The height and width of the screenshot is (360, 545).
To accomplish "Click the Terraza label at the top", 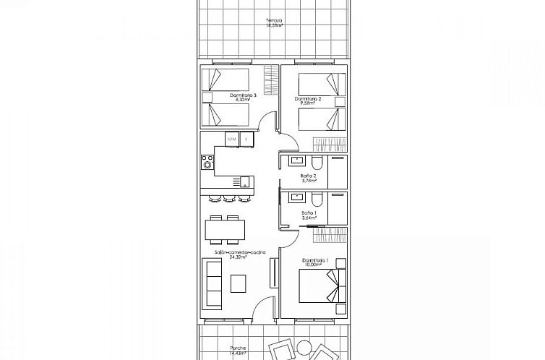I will [272, 20].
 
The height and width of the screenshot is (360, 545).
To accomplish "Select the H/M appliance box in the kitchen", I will [231, 139].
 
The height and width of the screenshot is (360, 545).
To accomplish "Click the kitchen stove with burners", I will [207, 162].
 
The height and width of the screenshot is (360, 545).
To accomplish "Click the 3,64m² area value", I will [309, 218].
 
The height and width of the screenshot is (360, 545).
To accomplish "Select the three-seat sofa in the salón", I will [213, 284].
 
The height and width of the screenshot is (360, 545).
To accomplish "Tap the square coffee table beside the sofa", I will [239, 284].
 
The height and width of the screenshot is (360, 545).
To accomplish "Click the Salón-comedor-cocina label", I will [240, 252].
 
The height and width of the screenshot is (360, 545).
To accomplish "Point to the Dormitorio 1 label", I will [316, 260].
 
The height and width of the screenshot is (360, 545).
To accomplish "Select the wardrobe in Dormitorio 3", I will [270, 76].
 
